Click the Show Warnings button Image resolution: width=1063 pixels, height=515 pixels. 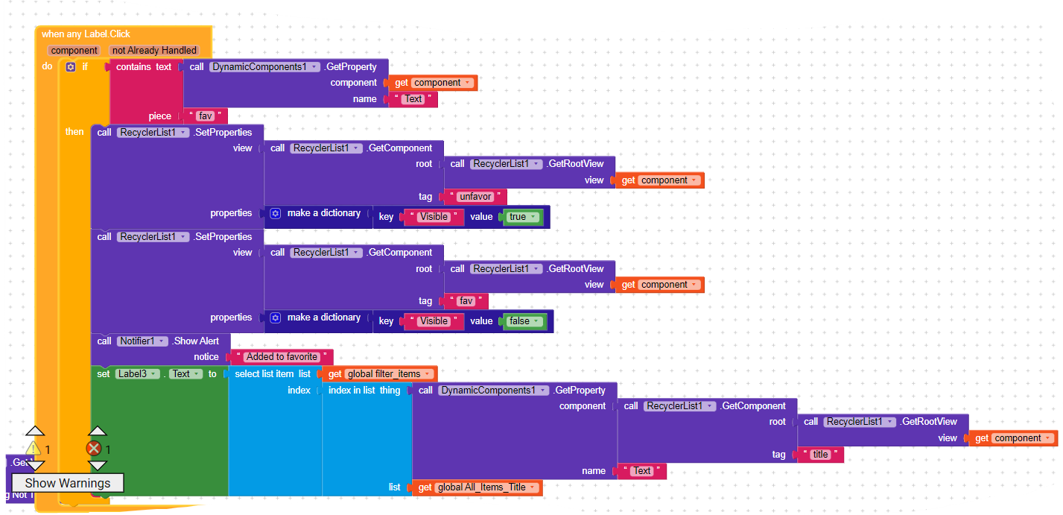coord(68,483)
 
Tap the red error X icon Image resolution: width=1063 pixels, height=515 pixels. coord(94,449)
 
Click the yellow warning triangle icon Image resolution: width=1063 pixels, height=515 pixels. coord(34,449)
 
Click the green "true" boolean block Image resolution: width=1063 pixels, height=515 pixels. coord(522,217)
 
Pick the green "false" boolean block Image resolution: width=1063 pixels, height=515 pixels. coord(524,321)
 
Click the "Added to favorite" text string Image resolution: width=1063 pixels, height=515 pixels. coord(282,357)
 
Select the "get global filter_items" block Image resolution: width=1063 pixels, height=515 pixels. coord(380,374)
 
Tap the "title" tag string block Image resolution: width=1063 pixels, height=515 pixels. coord(820,455)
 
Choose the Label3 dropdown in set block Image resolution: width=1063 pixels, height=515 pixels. coord(139,374)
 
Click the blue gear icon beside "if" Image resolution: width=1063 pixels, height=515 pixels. coord(71,67)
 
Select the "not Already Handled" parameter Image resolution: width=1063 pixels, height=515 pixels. coord(154,51)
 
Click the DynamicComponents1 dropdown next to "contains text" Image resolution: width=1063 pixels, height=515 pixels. coord(264,67)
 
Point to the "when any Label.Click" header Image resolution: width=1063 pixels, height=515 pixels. coord(86,34)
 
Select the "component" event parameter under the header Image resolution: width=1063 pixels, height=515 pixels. coord(74,51)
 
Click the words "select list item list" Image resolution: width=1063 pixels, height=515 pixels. coord(272,374)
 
